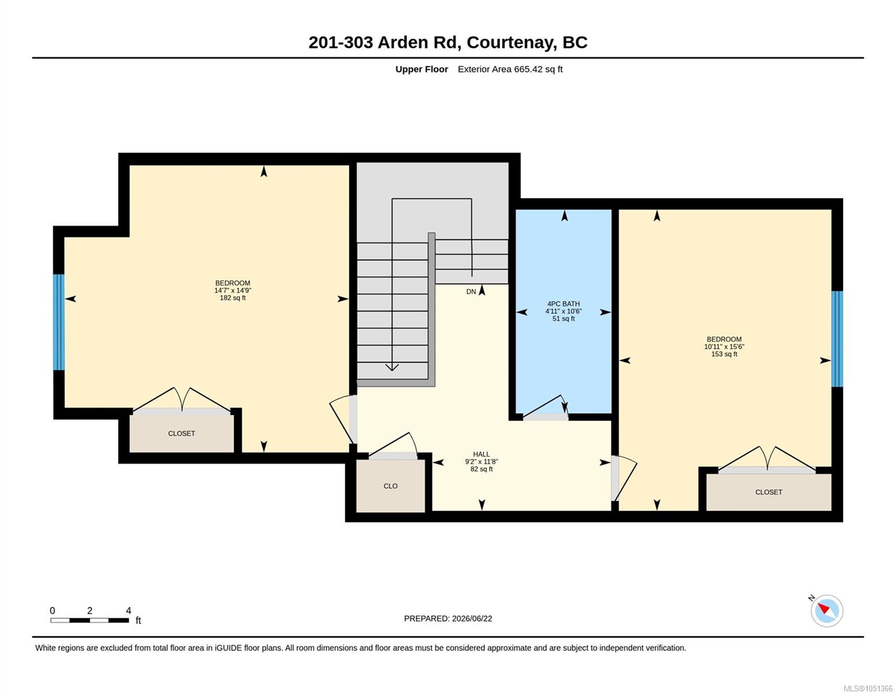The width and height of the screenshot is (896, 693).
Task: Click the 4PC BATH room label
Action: pos(563,304)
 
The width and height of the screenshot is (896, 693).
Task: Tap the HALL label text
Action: pos(481,454)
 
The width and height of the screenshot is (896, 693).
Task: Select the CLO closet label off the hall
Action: pos(391,486)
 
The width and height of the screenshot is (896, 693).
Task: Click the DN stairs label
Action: pos(471,292)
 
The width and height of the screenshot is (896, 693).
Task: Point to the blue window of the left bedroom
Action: pos(59,322)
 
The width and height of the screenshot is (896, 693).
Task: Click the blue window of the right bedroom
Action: pos(837,339)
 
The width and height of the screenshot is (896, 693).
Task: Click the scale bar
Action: pos(90,620)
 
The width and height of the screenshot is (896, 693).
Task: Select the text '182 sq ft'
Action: pos(233,297)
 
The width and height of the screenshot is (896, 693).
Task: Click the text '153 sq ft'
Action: pos(724,354)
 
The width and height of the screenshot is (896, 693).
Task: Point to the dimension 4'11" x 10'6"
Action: pos(563,311)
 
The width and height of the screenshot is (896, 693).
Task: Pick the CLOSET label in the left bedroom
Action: pos(181,433)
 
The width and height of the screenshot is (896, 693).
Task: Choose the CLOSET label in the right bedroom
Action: pos(768,492)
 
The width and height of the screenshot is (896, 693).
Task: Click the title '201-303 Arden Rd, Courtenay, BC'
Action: pos(448,42)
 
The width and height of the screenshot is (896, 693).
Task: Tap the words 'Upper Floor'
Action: pos(421,69)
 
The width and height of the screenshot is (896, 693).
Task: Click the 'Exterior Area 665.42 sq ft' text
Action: pos(510,69)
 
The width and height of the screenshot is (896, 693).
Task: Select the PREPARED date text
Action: pos(448,619)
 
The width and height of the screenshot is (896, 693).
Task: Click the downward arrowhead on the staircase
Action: pos(392,367)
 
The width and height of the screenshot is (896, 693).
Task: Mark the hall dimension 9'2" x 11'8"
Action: pos(481,461)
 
